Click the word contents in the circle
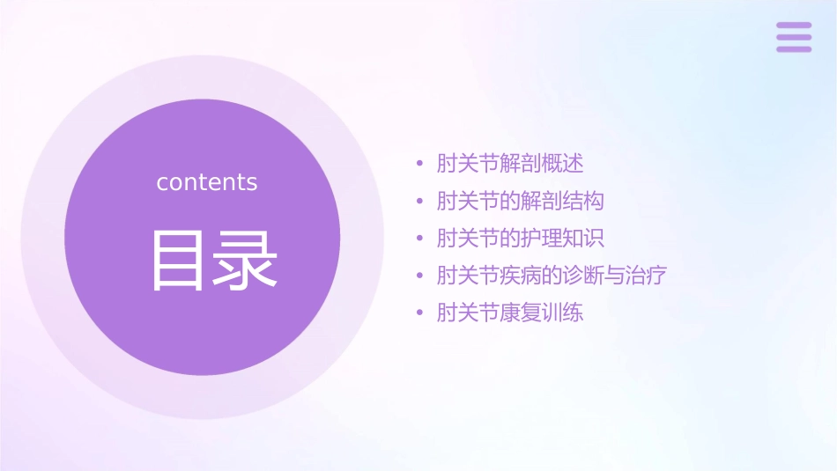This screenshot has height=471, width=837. [207, 182]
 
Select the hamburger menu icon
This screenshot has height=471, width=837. [794, 37]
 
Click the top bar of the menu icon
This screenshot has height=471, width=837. [794, 26]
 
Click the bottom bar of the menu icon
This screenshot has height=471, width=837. [794, 48]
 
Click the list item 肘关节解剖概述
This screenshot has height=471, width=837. [510, 164]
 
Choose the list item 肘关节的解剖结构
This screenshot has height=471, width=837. [521, 201]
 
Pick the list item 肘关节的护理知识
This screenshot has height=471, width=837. [521, 239]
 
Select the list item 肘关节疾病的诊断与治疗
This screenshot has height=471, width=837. [552, 276]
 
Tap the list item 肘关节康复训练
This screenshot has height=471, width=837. [510, 313]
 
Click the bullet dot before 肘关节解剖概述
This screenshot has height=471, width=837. [420, 165]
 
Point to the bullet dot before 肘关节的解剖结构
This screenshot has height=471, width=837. [420, 202]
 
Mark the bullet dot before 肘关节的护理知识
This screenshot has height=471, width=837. [420, 239]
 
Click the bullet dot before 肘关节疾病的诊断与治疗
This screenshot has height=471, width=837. [420, 276]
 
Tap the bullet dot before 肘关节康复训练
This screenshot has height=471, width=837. [420, 313]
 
